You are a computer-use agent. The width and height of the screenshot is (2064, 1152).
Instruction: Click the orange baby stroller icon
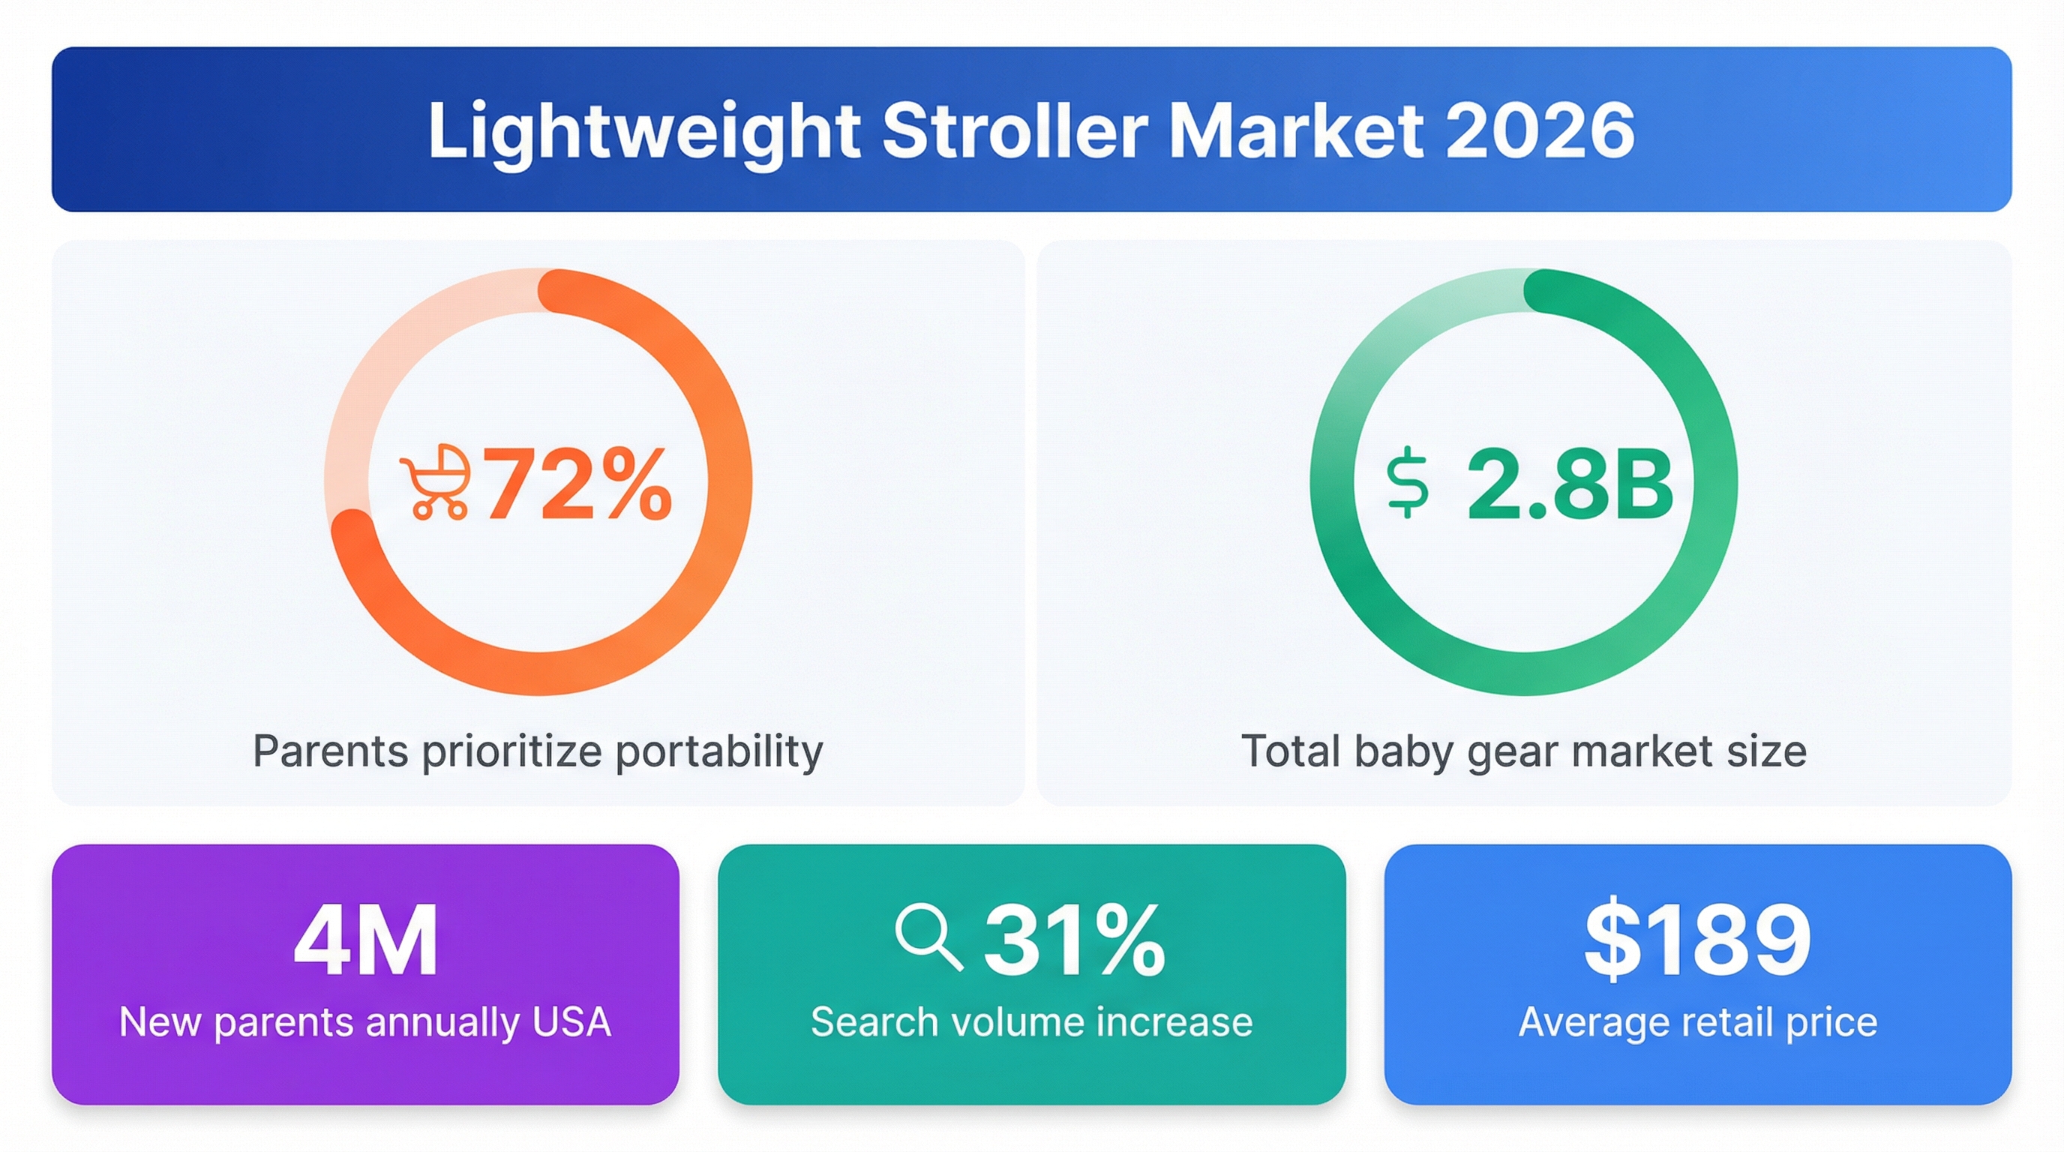[x=435, y=482]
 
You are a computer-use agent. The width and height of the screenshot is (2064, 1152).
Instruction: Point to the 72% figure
[x=577, y=484]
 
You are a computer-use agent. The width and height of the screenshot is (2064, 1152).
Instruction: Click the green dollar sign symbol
[x=1407, y=483]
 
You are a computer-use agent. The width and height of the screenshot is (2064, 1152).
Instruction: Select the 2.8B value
[x=1570, y=484]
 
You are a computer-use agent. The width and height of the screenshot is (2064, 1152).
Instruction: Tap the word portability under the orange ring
[x=718, y=752]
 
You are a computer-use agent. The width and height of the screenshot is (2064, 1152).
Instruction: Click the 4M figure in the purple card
[x=365, y=940]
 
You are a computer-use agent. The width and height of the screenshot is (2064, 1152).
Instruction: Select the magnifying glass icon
[x=928, y=937]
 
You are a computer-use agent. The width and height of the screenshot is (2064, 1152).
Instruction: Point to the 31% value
[x=1074, y=939]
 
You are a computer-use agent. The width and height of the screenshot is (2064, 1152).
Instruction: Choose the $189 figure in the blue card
[x=1697, y=939]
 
